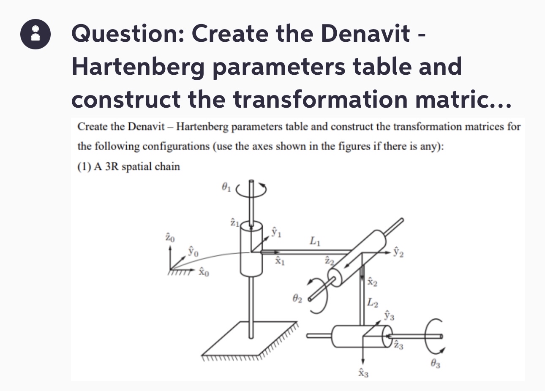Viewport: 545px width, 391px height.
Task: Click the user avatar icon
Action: click(x=35, y=35)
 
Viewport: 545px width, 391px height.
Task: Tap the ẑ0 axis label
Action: click(x=169, y=238)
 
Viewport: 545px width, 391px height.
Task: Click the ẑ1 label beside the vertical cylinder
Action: click(x=234, y=221)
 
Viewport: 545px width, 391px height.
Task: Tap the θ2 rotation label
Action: click(x=297, y=299)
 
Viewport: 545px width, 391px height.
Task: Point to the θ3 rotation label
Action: click(x=435, y=363)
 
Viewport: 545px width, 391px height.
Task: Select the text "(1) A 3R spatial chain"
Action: click(x=128, y=167)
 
